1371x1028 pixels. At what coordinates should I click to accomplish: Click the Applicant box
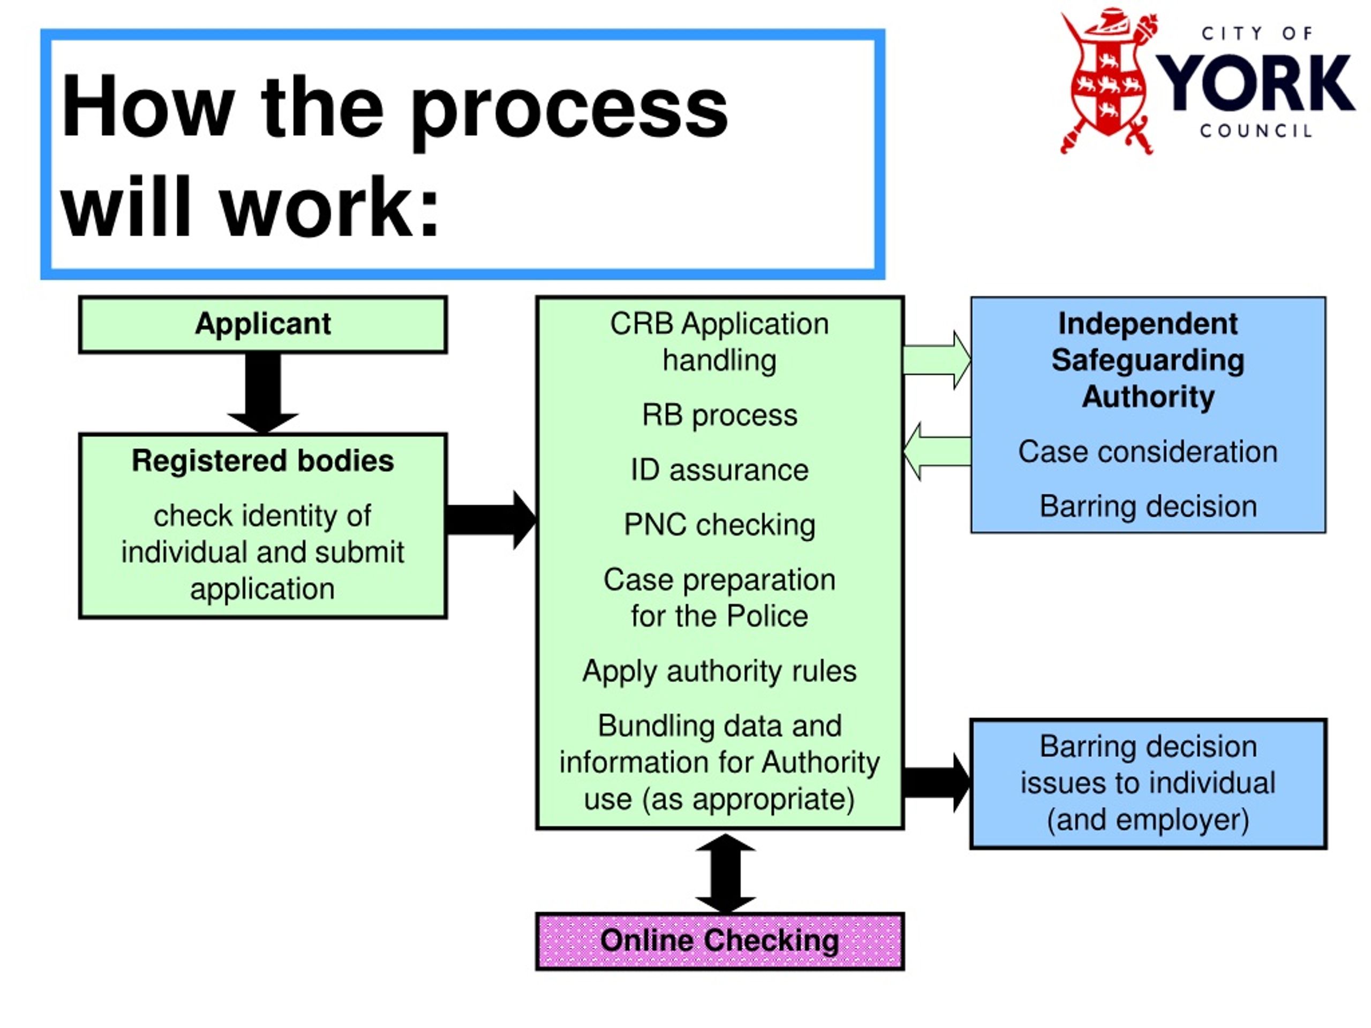click(263, 324)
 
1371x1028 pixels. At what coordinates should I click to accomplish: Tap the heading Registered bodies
click(263, 461)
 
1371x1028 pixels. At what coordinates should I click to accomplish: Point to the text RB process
click(720, 415)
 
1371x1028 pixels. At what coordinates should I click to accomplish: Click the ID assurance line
click(720, 470)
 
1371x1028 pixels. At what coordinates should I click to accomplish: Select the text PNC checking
click(720, 525)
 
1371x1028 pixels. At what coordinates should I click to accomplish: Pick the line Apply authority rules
click(720, 671)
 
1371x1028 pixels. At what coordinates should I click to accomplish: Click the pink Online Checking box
click(720, 941)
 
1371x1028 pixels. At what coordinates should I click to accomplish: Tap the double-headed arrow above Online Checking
click(725, 873)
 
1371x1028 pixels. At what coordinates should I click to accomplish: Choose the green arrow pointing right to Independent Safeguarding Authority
click(937, 360)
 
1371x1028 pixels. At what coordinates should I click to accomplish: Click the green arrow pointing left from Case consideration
click(937, 451)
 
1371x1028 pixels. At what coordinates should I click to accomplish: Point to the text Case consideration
click(1148, 452)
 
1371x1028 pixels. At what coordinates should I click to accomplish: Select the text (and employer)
click(1148, 820)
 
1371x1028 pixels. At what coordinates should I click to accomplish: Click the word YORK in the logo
click(1256, 82)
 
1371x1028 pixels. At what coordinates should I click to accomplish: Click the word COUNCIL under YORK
click(1256, 131)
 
